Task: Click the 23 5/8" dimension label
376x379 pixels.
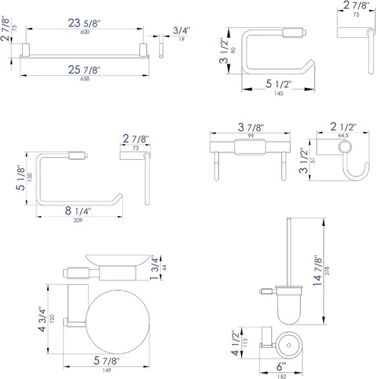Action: pos(84,23)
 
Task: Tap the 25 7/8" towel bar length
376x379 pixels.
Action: pos(84,70)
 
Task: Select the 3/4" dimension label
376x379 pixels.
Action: pos(181,30)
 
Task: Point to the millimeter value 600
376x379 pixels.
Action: pos(85,32)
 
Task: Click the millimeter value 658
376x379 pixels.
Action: pos(85,79)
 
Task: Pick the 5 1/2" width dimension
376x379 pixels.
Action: pos(278,84)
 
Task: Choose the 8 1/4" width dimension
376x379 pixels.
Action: pos(78,211)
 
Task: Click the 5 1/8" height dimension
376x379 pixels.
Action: pos(20,177)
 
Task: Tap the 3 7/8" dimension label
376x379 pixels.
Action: pos(251,127)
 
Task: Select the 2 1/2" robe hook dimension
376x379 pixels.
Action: pos(343,127)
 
